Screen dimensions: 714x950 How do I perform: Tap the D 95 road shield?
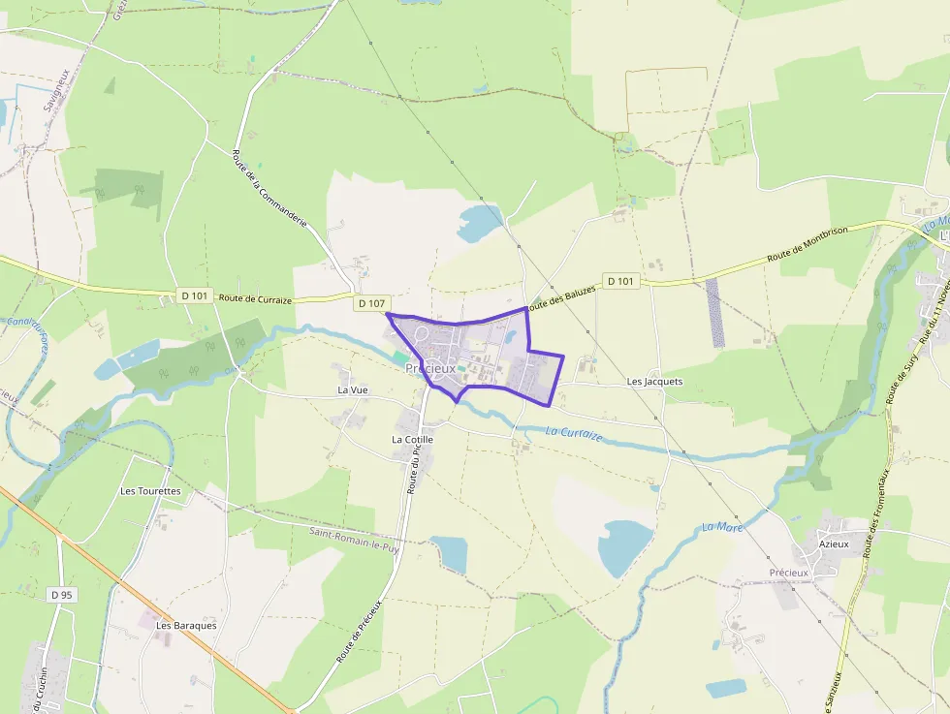(x=61, y=594)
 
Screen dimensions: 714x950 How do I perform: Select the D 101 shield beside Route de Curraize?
(x=194, y=295)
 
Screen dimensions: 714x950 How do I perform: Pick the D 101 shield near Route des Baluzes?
(x=620, y=281)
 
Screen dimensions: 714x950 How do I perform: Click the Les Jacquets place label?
(x=654, y=382)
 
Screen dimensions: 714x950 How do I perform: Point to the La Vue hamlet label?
(x=353, y=389)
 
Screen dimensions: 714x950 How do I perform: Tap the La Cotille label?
(x=412, y=439)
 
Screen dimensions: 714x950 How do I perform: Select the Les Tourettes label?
(x=150, y=491)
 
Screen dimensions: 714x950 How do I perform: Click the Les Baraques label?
(x=186, y=625)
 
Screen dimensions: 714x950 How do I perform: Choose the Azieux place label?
(x=833, y=543)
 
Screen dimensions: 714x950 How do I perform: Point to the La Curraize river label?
(x=574, y=434)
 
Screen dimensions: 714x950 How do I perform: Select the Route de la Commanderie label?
(x=270, y=189)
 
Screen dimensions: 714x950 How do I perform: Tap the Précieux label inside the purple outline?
(x=430, y=368)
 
